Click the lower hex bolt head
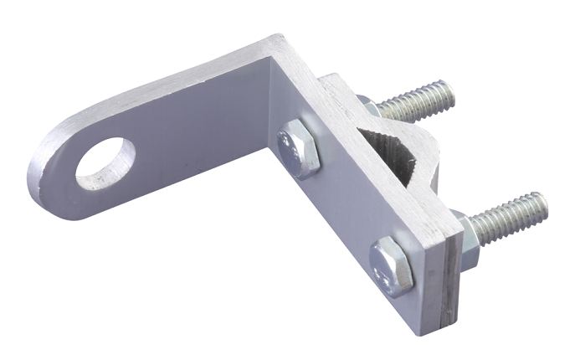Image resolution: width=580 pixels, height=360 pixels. coord(392,265)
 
